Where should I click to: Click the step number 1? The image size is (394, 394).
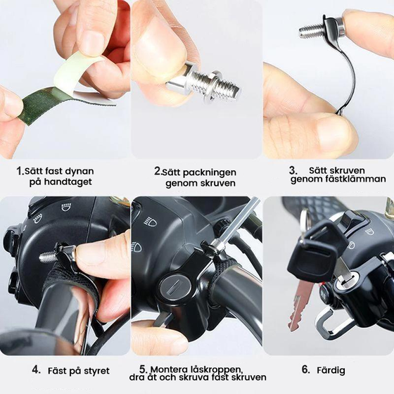[x=20, y=171]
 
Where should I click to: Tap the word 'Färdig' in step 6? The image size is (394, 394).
[x=331, y=370]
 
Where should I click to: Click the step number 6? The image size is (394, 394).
[x=305, y=369]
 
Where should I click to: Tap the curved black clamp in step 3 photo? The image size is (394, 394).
[x=348, y=75]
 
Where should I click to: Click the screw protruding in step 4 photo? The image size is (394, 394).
[x=49, y=257]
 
